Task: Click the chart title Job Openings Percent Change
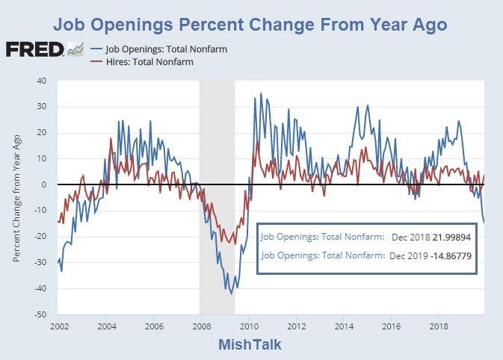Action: point(250,25)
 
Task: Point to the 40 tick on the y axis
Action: point(42,81)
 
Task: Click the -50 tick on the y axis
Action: point(41,314)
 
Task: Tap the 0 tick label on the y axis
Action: point(45,184)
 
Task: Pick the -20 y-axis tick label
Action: point(41,237)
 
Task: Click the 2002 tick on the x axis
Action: point(59,326)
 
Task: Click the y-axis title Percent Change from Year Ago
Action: point(16,198)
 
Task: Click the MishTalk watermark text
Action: point(251,344)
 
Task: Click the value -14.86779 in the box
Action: point(446,256)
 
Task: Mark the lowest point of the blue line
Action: point(231,294)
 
